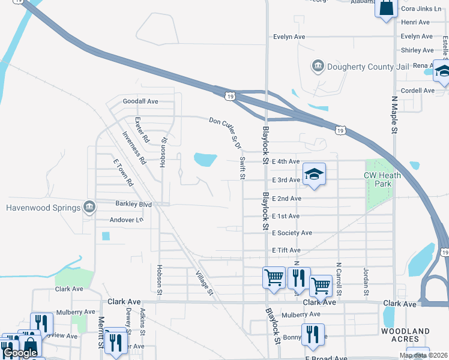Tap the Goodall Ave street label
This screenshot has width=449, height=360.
[x=140, y=101]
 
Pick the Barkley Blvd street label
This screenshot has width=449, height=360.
[x=133, y=204]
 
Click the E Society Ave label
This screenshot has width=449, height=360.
[x=292, y=233]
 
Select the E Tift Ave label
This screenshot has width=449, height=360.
[x=286, y=250]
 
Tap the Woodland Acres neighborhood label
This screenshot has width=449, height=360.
[x=405, y=335]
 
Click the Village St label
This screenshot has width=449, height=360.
[x=205, y=283]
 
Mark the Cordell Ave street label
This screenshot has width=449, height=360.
[x=418, y=91]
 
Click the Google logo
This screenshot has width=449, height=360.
[x=20, y=353]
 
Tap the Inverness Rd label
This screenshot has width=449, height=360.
[x=134, y=148]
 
